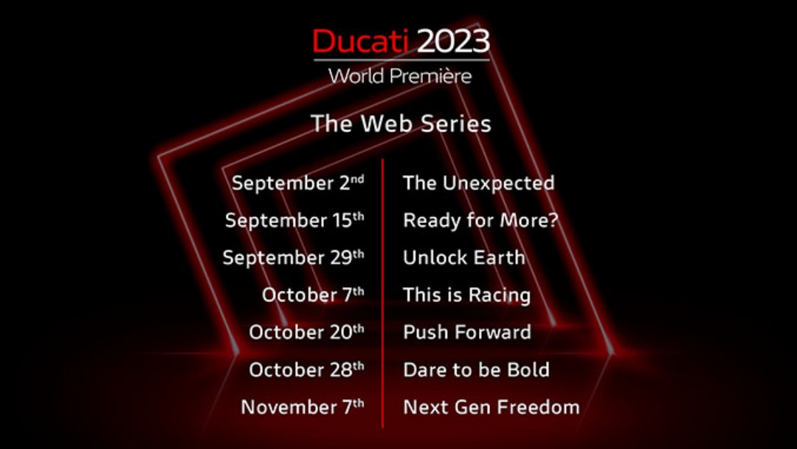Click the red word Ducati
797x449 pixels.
click(360, 41)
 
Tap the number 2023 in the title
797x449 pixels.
click(453, 41)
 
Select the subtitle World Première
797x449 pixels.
click(400, 76)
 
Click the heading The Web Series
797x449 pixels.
click(401, 123)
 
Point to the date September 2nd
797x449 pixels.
click(298, 183)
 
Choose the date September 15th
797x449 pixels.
click(294, 220)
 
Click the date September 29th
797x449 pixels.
click(293, 257)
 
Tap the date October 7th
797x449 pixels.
click(313, 295)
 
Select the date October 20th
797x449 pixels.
click(306, 332)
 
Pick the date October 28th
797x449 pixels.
click(306, 369)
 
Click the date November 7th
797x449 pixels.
click(303, 406)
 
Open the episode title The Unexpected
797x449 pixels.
click(478, 183)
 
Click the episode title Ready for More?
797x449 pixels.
click(480, 220)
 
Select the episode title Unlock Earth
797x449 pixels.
click(463, 257)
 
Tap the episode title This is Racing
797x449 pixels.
click(466, 295)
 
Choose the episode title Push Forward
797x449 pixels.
click(467, 332)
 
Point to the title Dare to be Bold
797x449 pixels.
click(476, 370)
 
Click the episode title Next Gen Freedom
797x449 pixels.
click(491, 407)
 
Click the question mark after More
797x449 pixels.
click(553, 220)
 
